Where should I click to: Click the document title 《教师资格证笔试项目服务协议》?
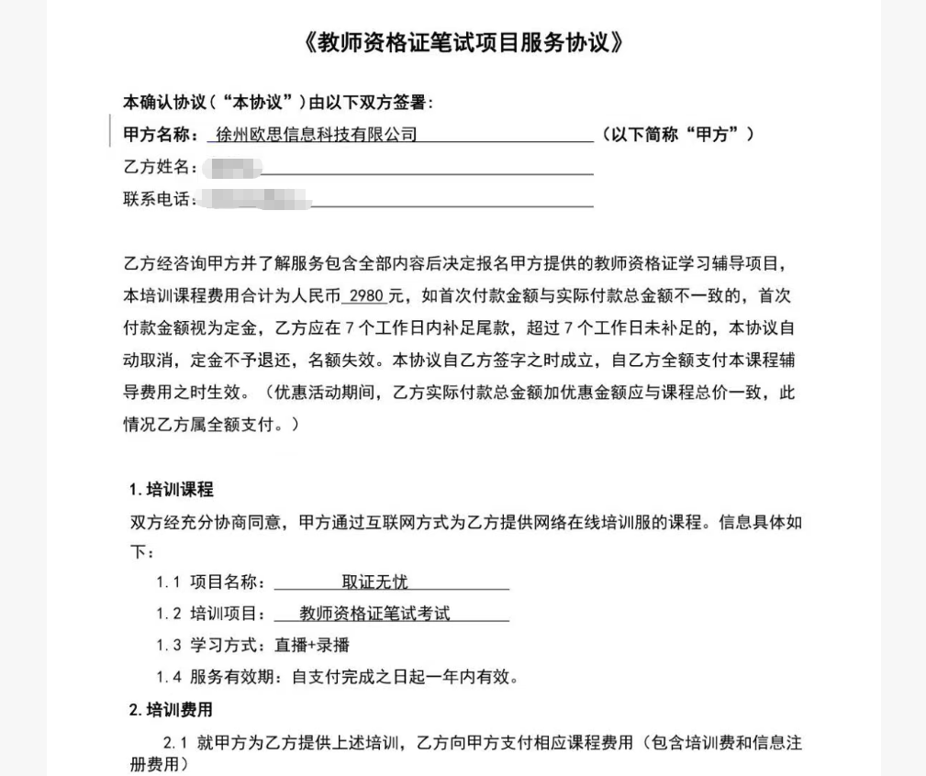click(463, 43)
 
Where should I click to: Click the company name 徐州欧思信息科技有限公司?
click(313, 135)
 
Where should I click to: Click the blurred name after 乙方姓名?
click(233, 167)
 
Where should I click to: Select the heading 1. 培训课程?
click(171, 490)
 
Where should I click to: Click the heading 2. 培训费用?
click(171, 710)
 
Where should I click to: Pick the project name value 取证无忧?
click(374, 582)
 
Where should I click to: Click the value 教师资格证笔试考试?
click(374, 614)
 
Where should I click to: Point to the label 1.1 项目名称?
click(210, 582)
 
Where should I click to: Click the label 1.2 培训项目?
click(210, 614)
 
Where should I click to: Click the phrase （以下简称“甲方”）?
click(678, 135)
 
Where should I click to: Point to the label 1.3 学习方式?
click(210, 646)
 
